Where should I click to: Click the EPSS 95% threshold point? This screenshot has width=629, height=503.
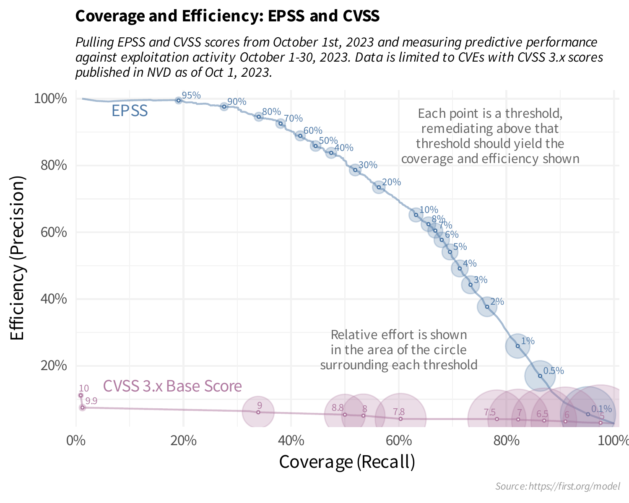179,100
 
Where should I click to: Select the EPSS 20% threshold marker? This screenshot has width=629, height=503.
379,187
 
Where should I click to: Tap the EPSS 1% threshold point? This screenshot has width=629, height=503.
518,346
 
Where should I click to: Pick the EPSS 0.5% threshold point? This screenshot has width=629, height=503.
540,376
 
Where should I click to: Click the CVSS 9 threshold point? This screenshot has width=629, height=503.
258,412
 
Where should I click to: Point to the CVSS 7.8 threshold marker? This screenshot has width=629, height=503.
400,419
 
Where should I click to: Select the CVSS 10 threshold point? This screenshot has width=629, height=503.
81,395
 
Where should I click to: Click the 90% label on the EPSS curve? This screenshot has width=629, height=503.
237,101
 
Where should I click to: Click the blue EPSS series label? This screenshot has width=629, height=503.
130,111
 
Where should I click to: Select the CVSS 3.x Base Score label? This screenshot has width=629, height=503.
172,386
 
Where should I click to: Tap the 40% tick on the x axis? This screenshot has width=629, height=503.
291,441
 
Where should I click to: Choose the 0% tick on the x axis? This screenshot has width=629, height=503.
76,441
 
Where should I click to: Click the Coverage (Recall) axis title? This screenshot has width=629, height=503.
347,462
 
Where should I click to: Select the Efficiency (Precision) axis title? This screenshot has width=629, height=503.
18,258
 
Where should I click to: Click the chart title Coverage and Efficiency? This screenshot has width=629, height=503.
227,16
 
